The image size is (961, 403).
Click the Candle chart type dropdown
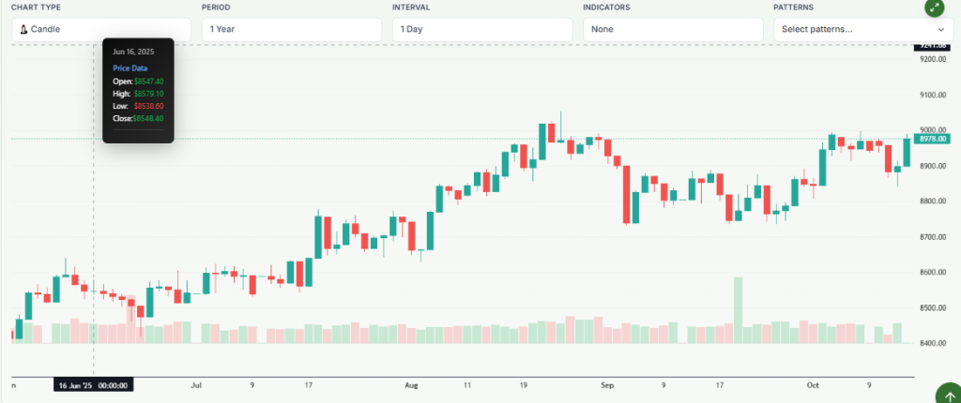tap(101, 29)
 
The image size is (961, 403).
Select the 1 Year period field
tap(292, 29)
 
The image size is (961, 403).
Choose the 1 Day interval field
tap(482, 29)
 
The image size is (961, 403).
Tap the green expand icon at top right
tap(933, 7)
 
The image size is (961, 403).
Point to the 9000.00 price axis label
tap(933, 130)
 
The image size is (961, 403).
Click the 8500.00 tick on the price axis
tap(933, 307)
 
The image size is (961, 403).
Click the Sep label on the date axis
tap(607, 384)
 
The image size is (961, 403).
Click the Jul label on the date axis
tap(196, 384)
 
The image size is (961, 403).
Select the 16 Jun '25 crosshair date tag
tap(93, 384)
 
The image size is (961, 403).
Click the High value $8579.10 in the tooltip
tap(148, 94)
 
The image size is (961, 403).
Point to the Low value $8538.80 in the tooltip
tap(148, 106)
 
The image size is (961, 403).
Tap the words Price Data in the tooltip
tap(130, 68)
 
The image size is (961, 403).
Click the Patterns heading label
tap(794, 7)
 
